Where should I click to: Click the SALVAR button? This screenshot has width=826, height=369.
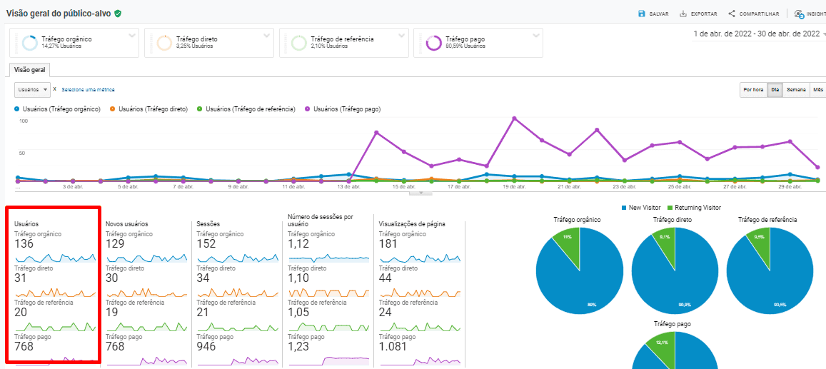pos(653,14)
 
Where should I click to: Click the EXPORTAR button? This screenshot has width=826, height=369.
pos(698,14)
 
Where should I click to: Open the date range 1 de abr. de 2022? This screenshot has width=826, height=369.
pos(757,34)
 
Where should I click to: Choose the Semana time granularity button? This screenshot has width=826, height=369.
pos(796,90)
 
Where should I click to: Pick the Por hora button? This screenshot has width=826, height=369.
pos(753,90)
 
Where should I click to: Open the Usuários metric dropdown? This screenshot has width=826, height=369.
pos(33,90)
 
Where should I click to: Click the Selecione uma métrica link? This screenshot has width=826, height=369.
pos(88,90)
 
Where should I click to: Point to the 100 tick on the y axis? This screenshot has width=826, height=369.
pos(24,121)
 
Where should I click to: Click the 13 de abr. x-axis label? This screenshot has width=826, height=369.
pos(348,187)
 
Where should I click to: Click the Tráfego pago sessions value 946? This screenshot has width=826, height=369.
pos(208,347)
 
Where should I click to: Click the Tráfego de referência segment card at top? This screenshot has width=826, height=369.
pos(343,43)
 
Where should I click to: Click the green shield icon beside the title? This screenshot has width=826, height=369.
pos(118,14)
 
